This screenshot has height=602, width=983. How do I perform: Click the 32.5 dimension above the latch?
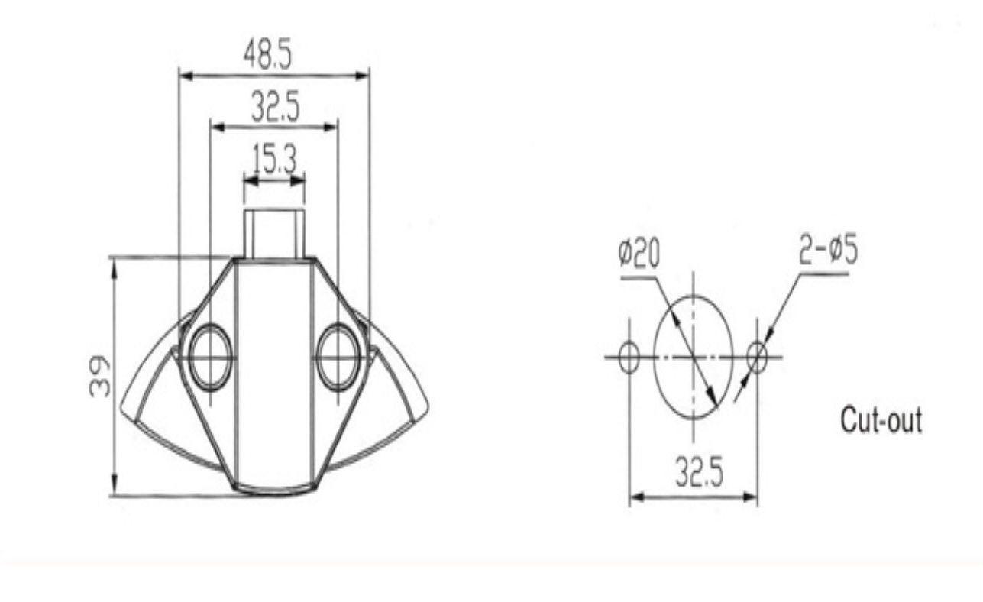[275, 109]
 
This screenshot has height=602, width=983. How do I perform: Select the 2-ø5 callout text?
[827, 252]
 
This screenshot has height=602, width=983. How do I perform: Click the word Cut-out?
[881, 421]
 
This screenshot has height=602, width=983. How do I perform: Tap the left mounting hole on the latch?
[210, 356]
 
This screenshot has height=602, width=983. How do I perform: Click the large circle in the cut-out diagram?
[693, 357]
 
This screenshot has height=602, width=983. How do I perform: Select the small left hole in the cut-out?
[629, 357]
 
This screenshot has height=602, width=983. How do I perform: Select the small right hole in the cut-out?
[757, 357]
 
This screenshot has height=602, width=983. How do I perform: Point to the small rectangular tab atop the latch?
[273, 233]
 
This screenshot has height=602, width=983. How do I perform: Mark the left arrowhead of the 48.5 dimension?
[184, 76]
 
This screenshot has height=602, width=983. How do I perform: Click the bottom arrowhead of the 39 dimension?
[115, 489]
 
